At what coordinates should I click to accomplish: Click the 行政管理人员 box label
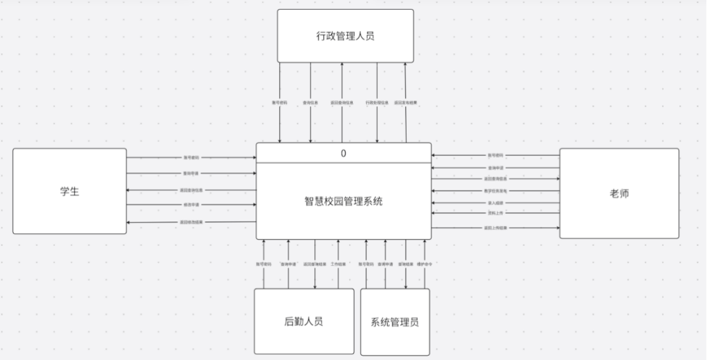345,36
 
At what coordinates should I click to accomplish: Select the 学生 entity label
69,191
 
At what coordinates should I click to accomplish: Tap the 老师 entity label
619,193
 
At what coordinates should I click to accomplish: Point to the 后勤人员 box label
304,321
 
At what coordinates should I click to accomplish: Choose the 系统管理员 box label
394,322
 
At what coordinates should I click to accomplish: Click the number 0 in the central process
343,154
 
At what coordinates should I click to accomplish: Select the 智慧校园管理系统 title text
343,200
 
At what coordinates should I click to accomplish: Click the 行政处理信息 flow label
377,102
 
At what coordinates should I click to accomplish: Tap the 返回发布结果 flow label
406,102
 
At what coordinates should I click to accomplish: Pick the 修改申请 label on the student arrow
191,206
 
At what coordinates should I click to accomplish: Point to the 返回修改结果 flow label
191,222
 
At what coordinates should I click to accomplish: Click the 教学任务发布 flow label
495,191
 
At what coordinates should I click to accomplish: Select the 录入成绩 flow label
495,203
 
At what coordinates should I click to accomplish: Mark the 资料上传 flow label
495,213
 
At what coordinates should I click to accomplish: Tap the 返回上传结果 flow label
495,228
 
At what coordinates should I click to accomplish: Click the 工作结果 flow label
339,263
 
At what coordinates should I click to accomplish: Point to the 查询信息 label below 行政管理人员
311,102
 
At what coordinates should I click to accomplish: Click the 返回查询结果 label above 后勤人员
314,263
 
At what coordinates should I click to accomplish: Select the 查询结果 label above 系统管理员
405,263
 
